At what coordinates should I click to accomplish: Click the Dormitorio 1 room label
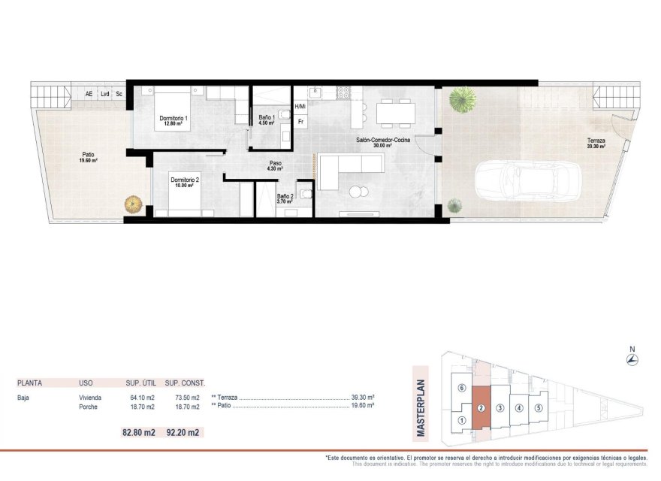pos(174,119)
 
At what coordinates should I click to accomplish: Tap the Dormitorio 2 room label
pos(184,180)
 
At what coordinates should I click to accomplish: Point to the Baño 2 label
pos(285,197)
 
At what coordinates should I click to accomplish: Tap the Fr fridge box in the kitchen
pos(300,121)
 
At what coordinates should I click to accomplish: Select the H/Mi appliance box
pos(300,107)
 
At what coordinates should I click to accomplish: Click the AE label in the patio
pos(89,95)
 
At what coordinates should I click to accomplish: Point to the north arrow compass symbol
pos(632,359)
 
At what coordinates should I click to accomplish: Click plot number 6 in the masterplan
pos(462,388)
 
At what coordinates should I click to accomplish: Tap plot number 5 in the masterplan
pos(539,408)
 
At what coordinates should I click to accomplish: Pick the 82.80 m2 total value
pos(138,432)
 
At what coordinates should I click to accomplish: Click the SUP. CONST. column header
pos(185,383)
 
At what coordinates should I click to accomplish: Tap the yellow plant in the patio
pos(133,203)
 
